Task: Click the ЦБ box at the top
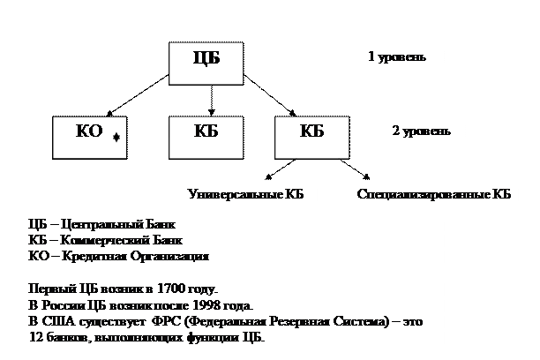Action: [206, 62]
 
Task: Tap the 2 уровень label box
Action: [421, 134]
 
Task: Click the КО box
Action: [89, 134]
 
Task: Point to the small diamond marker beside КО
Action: [116, 138]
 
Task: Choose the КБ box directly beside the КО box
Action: [206, 134]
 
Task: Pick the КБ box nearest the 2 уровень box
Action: [311, 134]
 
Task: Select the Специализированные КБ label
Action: [434, 193]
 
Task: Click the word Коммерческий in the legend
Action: [101, 241]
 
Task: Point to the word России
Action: [65, 305]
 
